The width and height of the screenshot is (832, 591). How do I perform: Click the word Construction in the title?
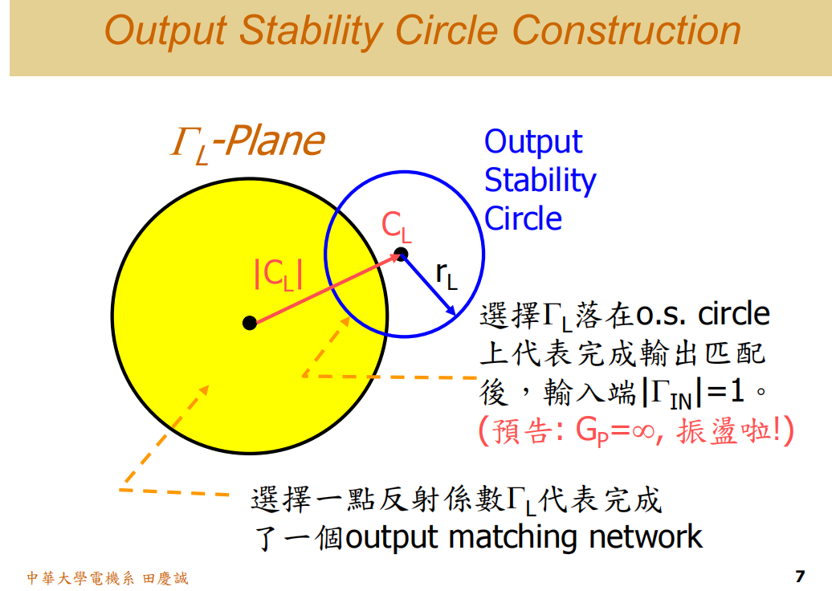(x=626, y=31)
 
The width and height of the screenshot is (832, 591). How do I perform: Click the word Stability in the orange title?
(x=308, y=31)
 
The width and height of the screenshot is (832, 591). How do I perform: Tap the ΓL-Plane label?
(x=247, y=142)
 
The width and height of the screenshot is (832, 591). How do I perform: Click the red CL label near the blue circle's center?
(x=396, y=227)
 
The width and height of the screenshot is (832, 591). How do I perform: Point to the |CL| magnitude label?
(x=277, y=275)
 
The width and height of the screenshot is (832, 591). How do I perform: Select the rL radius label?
(x=447, y=275)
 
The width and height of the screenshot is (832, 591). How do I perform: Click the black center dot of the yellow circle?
(x=250, y=323)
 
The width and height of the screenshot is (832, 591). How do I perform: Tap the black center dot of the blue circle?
(x=402, y=255)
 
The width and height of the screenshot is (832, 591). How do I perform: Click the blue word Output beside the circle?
(x=533, y=142)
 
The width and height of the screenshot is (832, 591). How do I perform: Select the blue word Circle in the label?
(x=523, y=218)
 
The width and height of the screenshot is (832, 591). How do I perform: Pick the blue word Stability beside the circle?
(x=540, y=180)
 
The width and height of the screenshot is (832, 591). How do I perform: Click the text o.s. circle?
(x=703, y=314)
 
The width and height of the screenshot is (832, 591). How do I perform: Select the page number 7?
(x=798, y=577)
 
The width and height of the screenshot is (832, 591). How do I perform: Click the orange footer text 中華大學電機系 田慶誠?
(x=108, y=578)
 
